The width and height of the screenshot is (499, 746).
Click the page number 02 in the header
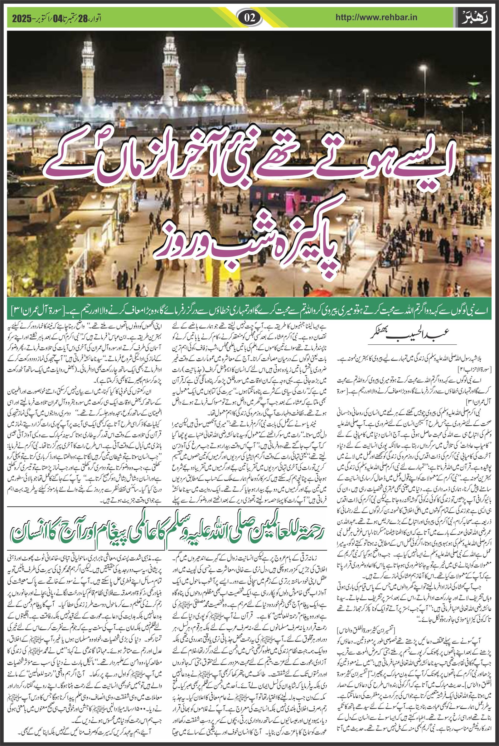pyautogui.click(x=249, y=18)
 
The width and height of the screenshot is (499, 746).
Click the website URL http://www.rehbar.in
pyautogui.click(x=376, y=18)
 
